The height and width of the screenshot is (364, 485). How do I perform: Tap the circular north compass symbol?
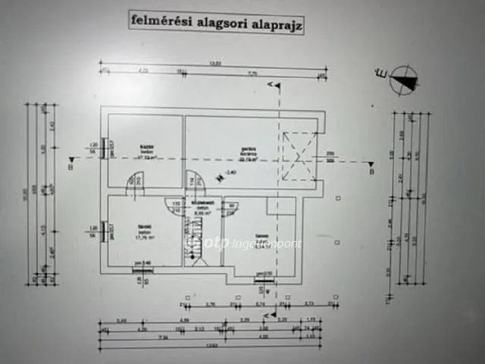(405, 80)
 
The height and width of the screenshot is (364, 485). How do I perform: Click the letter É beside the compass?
(381, 74)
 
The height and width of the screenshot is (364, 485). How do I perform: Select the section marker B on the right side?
(371, 171)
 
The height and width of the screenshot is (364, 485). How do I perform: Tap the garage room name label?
(246, 150)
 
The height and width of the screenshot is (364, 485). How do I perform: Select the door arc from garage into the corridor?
(196, 181)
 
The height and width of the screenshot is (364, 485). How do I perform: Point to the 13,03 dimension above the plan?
(215, 64)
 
